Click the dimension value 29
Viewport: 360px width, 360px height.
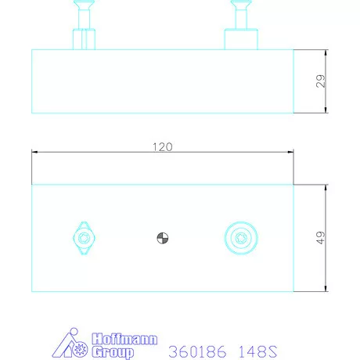[x=321, y=81]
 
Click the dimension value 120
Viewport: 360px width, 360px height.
[x=163, y=147]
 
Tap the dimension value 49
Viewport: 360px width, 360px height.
[x=321, y=238]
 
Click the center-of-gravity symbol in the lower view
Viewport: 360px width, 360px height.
[x=163, y=238]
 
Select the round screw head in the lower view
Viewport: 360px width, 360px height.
[x=241, y=238]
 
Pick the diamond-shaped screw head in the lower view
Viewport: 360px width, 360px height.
[x=84, y=238]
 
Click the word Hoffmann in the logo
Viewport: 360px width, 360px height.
[x=124, y=339]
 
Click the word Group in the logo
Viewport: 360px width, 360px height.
[x=113, y=352]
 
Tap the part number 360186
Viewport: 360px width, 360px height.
[x=197, y=351]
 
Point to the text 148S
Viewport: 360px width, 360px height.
[x=257, y=351]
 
